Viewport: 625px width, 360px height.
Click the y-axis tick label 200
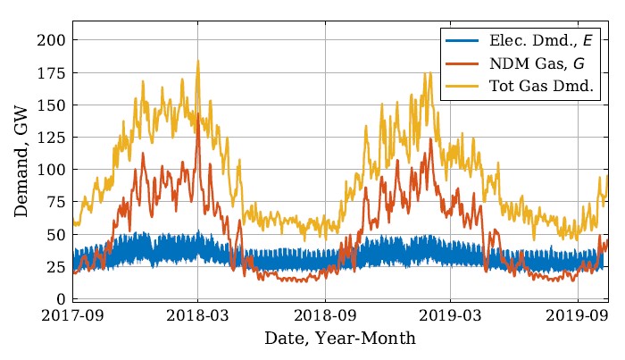click(x=51, y=40)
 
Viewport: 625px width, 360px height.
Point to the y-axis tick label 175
click(x=51, y=73)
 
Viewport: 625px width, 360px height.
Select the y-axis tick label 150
click(x=51, y=105)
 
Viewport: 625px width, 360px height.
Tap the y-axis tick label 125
click(x=51, y=138)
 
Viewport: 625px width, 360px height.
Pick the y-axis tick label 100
click(x=51, y=170)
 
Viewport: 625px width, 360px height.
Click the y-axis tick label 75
click(x=55, y=202)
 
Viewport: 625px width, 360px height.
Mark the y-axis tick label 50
click(x=55, y=235)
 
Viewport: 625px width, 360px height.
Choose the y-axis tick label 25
click(x=55, y=267)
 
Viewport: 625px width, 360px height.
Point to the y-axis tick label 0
click(x=59, y=299)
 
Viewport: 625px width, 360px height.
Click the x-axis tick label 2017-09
click(x=72, y=316)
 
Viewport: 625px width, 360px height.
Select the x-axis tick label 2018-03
click(x=198, y=316)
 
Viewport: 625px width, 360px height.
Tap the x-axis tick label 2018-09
click(x=324, y=316)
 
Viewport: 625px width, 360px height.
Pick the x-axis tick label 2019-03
click(x=449, y=316)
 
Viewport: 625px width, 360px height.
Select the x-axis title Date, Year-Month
click(x=340, y=340)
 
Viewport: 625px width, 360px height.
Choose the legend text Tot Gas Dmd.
click(x=542, y=87)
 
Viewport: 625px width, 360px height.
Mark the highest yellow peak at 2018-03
click(x=198, y=61)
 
